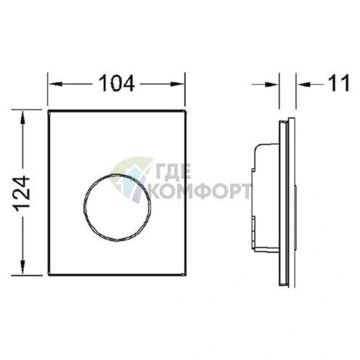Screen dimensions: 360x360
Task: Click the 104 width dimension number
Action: point(117,84)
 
